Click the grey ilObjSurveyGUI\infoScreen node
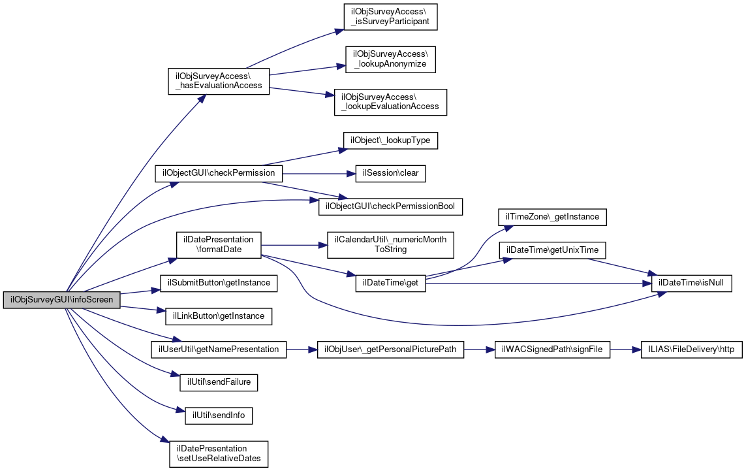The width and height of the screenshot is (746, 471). pyautogui.click(x=61, y=300)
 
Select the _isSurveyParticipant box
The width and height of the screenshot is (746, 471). pyautogui.click(x=390, y=17)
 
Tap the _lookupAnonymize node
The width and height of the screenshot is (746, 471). pyautogui.click(x=390, y=59)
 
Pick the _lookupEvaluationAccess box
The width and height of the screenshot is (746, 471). pyautogui.click(x=390, y=102)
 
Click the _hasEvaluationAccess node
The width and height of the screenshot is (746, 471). pyautogui.click(x=219, y=81)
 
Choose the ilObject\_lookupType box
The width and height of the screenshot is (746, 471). pyautogui.click(x=390, y=140)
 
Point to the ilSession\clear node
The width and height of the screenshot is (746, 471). pyautogui.click(x=390, y=173)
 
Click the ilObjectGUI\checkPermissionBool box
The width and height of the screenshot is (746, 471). pyautogui.click(x=390, y=206)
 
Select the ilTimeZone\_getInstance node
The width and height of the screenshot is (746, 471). pyautogui.click(x=552, y=217)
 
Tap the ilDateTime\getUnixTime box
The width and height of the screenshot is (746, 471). pyautogui.click(x=552, y=250)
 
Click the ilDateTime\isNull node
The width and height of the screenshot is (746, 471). pyautogui.click(x=691, y=283)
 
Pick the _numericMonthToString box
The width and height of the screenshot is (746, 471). pyautogui.click(x=390, y=245)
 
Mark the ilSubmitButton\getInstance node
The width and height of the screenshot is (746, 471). pyautogui.click(x=219, y=283)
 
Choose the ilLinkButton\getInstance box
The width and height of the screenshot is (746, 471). pyautogui.click(x=219, y=316)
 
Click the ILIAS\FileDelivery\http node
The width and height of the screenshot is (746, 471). pyautogui.click(x=691, y=349)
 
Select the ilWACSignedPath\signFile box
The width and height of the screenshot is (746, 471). pyautogui.click(x=552, y=349)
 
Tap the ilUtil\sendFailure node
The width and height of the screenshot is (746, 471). pyautogui.click(x=219, y=382)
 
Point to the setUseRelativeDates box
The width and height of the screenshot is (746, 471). pyautogui.click(x=219, y=454)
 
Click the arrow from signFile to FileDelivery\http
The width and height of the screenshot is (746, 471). pyautogui.click(x=625, y=349)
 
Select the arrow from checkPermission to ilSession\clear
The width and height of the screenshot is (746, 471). pyautogui.click(x=319, y=173)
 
